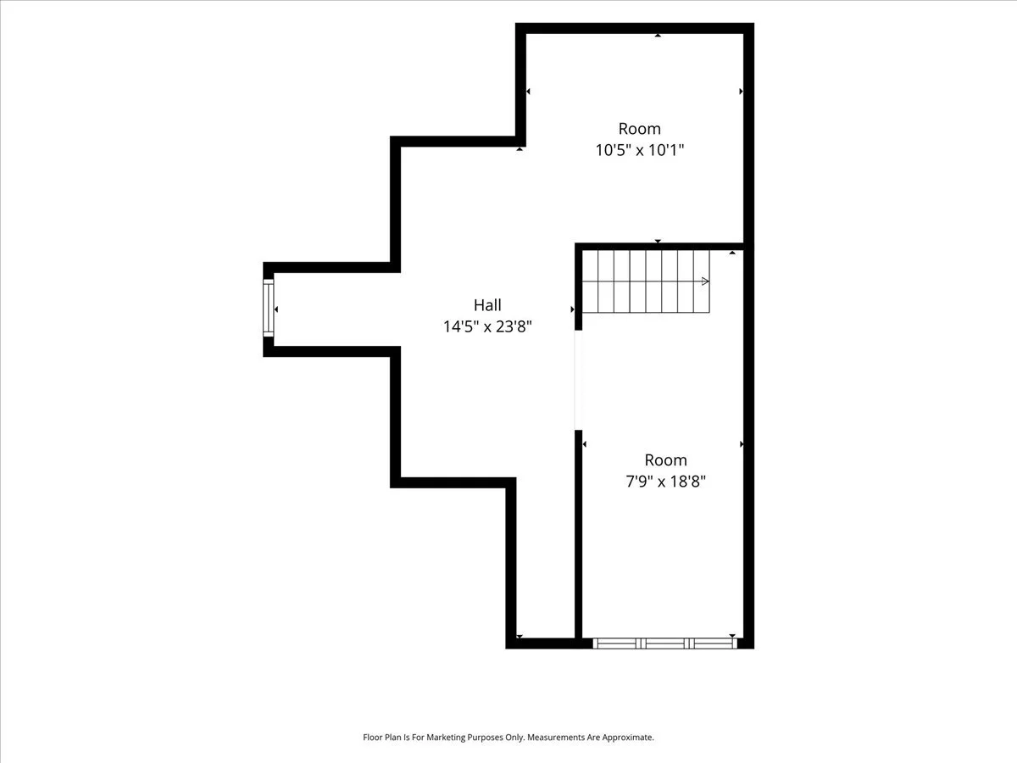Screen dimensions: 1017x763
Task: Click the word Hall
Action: (487, 305)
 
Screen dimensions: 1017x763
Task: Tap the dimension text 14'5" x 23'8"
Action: (487, 326)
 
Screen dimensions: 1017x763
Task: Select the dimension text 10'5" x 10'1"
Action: (639, 150)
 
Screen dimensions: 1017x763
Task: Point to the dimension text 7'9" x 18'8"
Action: (665, 482)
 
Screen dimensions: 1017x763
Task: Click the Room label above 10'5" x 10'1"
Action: (639, 128)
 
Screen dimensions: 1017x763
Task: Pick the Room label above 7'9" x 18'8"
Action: (666, 460)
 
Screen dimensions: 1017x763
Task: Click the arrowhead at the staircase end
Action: (705, 281)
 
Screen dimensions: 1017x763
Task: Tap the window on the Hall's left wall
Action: (269, 308)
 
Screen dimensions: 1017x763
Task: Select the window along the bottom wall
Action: (665, 643)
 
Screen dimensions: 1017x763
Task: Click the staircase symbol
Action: (646, 281)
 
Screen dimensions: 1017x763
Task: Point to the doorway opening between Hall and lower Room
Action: (578, 380)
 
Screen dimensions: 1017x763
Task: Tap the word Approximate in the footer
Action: (628, 737)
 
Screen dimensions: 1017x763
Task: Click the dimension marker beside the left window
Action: (276, 309)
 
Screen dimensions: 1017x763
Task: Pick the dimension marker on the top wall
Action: (658, 36)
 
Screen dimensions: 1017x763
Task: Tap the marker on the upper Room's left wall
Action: (528, 92)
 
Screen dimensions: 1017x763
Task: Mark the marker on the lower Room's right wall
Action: (742, 444)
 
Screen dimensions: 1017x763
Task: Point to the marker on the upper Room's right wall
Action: (742, 92)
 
